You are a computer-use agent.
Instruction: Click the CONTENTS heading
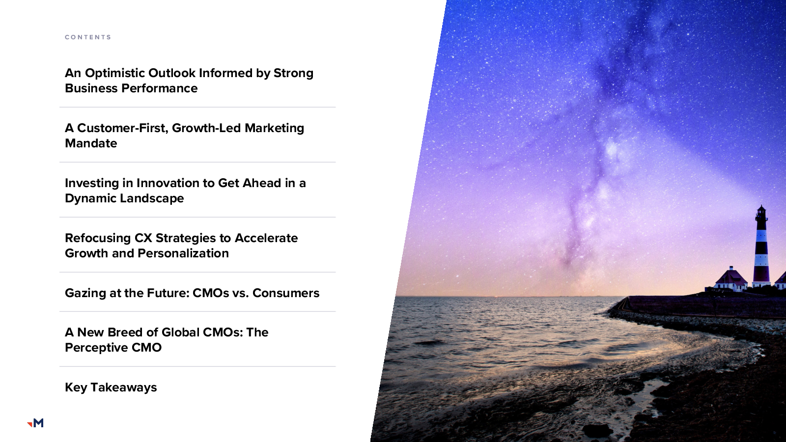click(88, 37)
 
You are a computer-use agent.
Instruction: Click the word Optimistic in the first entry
click(115, 73)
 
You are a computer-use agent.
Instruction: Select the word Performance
click(159, 88)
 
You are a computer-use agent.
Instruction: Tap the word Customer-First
click(123, 128)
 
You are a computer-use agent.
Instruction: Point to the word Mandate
click(91, 143)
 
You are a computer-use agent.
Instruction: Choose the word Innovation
click(174, 183)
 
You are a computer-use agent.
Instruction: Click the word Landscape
click(152, 198)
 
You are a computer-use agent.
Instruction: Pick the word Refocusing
click(98, 238)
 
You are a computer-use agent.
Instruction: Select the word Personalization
click(183, 253)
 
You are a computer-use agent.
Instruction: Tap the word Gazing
click(85, 293)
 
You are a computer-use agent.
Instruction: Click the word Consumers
click(285, 293)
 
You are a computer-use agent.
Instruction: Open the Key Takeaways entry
click(111, 387)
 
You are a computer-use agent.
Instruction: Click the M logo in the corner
click(35, 423)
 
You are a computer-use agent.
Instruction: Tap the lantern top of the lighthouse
click(761, 212)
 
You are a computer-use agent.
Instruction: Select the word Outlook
click(172, 73)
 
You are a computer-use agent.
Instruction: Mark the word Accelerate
click(266, 238)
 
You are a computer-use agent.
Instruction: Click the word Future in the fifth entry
click(168, 293)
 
